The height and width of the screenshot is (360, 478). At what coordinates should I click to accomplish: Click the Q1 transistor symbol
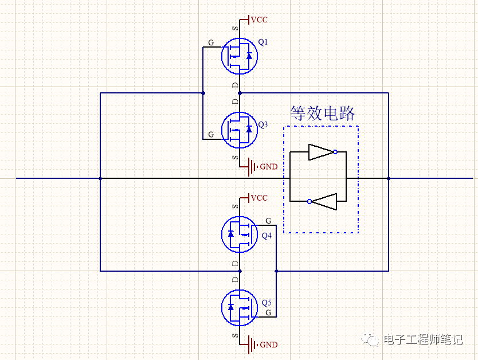pos(240,56)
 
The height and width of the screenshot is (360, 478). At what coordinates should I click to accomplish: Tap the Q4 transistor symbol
pos(240,234)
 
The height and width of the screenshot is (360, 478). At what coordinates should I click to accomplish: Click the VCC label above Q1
pos(259,19)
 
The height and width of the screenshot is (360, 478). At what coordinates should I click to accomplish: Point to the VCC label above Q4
pos(259,198)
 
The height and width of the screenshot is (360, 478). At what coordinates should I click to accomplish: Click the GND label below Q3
pos(269,167)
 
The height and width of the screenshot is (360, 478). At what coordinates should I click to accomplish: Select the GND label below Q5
pos(269,345)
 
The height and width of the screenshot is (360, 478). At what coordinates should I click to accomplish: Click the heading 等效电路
pos(323,112)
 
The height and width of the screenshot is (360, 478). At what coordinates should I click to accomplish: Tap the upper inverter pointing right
pos(321,152)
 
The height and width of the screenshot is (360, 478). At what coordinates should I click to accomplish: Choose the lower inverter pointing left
pos(324,201)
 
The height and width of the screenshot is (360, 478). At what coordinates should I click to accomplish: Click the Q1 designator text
pos(263,42)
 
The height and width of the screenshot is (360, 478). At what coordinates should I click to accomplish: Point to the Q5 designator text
pos(267,303)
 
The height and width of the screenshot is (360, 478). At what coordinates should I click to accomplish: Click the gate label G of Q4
pos(268,221)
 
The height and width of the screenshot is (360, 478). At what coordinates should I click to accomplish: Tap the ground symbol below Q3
pos(251,167)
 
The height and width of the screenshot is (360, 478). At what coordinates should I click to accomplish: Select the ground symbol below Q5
pos(251,345)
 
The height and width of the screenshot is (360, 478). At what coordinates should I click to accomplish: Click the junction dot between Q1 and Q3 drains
pos(240,92)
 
